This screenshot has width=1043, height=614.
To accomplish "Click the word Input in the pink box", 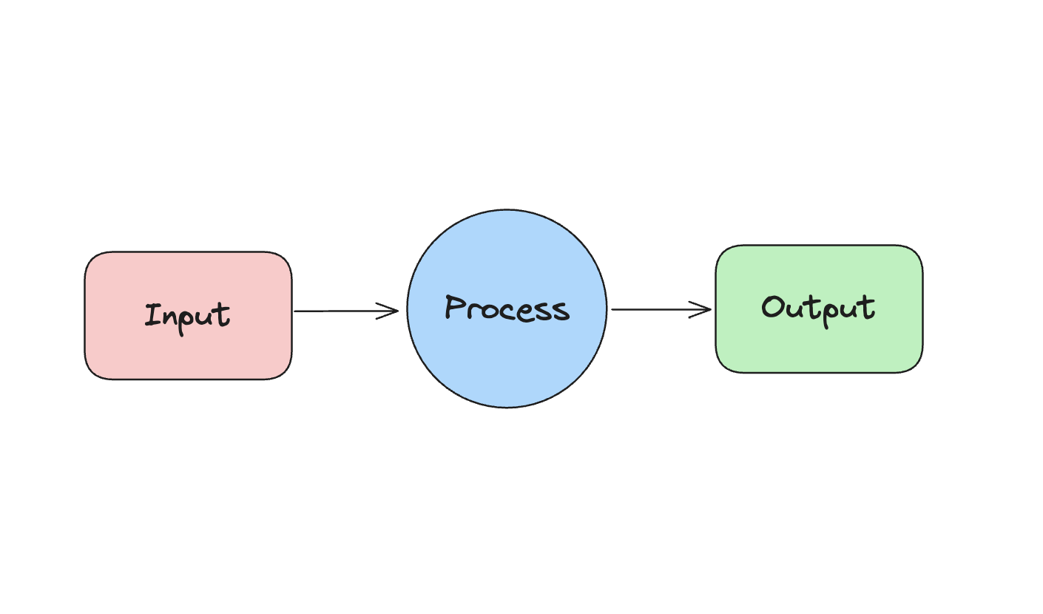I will (188, 316).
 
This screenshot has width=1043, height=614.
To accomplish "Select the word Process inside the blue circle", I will (507, 308).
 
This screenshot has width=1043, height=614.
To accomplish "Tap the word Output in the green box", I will (818, 308).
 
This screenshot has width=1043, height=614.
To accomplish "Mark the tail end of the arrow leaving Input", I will (296, 311).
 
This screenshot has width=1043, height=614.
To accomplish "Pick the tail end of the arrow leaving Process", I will (613, 309).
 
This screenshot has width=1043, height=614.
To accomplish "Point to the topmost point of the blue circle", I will (507, 209).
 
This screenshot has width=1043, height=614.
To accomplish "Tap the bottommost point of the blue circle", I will (507, 408).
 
